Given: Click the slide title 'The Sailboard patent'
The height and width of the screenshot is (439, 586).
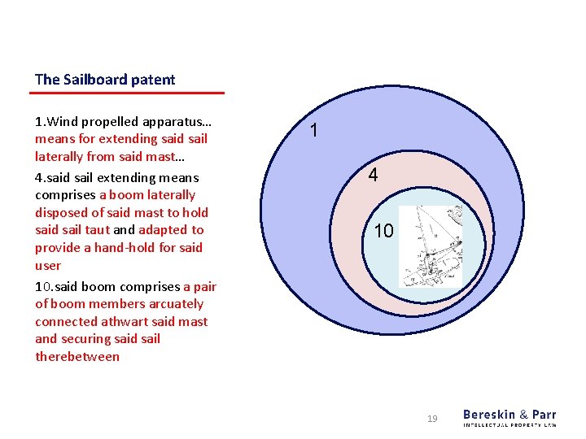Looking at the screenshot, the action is click(x=105, y=80).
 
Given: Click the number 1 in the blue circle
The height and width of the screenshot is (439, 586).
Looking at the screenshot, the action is click(x=315, y=130).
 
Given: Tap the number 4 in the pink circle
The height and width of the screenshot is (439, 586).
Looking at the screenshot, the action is click(x=372, y=175).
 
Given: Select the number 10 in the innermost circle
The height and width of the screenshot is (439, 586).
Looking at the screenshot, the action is click(x=383, y=231).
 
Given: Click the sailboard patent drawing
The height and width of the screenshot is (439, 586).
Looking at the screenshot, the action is click(x=431, y=246).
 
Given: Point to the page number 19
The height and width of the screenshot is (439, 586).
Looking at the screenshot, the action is click(x=432, y=419).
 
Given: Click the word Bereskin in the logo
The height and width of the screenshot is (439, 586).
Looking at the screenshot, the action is click(x=488, y=415).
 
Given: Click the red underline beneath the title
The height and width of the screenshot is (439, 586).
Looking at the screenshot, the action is click(x=129, y=93).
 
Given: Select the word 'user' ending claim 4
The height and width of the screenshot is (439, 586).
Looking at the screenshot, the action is click(x=48, y=266).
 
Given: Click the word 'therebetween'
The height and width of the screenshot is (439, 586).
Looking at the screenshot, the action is click(x=77, y=357).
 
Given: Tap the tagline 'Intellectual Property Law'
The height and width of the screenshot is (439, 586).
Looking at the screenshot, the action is click(x=509, y=425).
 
